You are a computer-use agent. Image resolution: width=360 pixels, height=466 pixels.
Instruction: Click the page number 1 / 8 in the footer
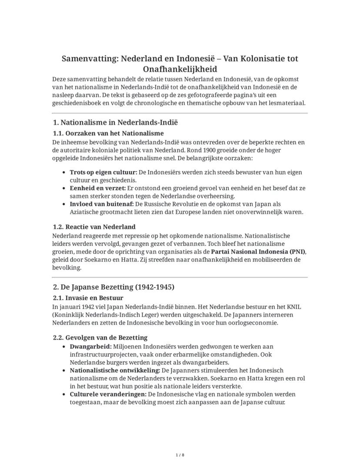180,455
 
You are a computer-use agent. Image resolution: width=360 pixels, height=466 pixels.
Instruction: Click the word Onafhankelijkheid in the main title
180,69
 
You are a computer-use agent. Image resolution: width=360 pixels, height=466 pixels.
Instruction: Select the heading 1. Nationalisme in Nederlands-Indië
115,123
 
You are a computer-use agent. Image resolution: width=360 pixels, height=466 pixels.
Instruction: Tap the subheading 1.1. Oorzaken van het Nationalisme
108,133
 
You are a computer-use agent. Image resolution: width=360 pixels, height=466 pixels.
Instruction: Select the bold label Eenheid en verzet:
97,188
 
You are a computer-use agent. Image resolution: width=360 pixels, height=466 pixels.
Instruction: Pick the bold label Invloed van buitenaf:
102,204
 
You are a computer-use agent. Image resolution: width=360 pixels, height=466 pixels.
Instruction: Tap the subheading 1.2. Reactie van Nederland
94,227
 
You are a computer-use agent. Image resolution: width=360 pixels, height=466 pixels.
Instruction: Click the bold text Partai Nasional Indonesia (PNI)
258,251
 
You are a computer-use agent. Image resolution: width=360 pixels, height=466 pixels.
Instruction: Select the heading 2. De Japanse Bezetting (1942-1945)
113,287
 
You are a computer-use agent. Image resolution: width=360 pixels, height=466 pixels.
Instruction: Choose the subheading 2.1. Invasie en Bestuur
88,298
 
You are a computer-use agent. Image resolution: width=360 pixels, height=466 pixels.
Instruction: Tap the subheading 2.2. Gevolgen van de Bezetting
100,338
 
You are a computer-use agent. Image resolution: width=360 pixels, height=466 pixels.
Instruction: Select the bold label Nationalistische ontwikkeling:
115,370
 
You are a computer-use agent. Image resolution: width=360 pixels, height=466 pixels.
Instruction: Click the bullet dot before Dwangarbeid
65,347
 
